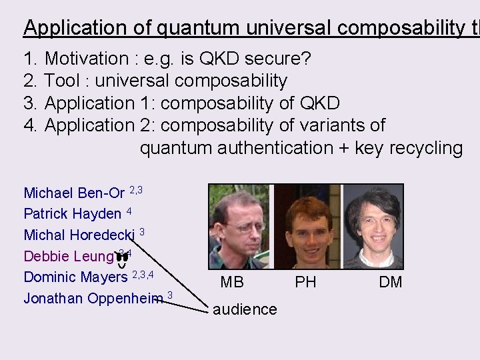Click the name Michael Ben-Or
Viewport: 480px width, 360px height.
coord(74,193)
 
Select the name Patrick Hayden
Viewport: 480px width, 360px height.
coord(72,214)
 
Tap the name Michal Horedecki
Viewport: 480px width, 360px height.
coord(79,235)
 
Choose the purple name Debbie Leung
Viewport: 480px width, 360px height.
coord(68,255)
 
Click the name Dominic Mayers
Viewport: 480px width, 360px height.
coord(75,276)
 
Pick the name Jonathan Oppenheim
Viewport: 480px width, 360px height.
coord(93,297)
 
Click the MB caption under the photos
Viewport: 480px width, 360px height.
coord(232,282)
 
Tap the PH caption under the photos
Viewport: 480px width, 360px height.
coord(305,282)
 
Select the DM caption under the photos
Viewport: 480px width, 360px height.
coord(391,282)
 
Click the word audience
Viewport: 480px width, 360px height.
coord(246,309)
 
